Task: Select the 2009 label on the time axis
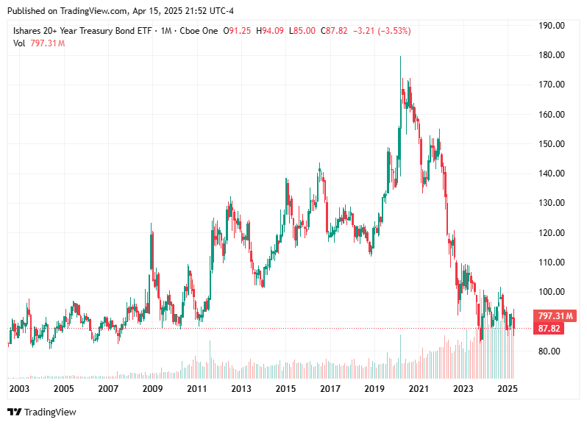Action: pyautogui.click(x=152, y=388)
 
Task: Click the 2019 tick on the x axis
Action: pyautogui.click(x=374, y=388)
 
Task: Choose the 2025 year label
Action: pyautogui.click(x=507, y=388)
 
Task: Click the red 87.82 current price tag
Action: pyautogui.click(x=550, y=328)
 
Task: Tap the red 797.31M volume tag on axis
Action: pyautogui.click(x=555, y=315)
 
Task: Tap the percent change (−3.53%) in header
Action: pyautogui.click(x=394, y=31)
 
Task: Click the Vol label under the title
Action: pyautogui.click(x=19, y=43)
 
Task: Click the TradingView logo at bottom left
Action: pyautogui.click(x=42, y=412)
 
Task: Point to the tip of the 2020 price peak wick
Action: pyautogui.click(x=400, y=57)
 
